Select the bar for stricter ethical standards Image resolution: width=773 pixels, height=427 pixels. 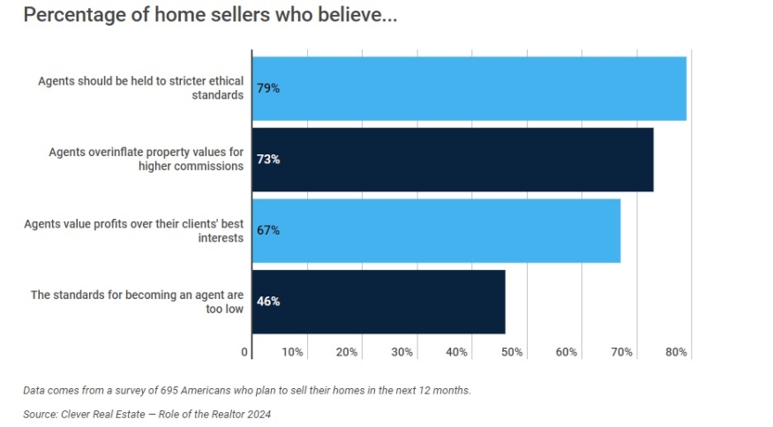tap(469, 88)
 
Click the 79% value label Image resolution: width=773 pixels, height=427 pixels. tap(268, 88)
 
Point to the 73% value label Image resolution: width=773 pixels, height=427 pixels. tap(268, 160)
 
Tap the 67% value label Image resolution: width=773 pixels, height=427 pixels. tap(268, 230)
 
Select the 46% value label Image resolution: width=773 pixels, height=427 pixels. tap(268, 302)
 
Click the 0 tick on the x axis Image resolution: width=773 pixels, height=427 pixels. tap(245, 352)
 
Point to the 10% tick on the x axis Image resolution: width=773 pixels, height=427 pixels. tap(293, 352)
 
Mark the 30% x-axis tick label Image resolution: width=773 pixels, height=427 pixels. tap(402, 352)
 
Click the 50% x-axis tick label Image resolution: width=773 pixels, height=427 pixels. tap(512, 352)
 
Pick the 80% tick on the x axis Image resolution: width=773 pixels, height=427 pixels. tap(676, 352)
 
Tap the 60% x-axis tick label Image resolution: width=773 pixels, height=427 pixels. tap(567, 352)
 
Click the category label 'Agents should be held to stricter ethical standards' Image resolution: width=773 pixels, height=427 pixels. tap(140, 88)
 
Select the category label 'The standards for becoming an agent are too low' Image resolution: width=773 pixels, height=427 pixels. tap(137, 302)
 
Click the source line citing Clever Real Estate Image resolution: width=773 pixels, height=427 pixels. tap(147, 414)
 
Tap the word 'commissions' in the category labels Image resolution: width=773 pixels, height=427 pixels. tap(208, 167)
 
